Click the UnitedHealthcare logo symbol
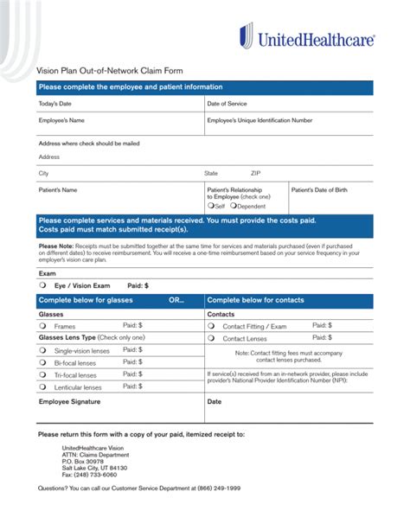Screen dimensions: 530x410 [x=247, y=35]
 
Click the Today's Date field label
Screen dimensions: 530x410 [x=55, y=104]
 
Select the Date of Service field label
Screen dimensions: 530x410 [x=228, y=104]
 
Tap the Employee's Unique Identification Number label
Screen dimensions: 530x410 [x=259, y=120]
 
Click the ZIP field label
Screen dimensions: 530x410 [x=256, y=173]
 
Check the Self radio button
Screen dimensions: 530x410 [x=210, y=207]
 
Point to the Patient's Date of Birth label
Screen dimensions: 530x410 [x=318, y=189]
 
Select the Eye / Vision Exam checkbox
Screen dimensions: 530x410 [x=42, y=284]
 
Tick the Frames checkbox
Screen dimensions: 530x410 [x=42, y=327]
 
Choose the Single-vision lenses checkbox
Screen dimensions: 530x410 [x=42, y=351]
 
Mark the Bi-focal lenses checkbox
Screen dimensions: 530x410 [x=42, y=363]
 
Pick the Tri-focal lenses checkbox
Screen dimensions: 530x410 [x=42, y=375]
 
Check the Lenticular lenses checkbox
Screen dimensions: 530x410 [x=42, y=388]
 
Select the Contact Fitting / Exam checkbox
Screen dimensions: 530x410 [x=211, y=327]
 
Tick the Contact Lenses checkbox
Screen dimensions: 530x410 [x=211, y=339]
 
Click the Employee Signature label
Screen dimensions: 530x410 [x=68, y=402]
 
